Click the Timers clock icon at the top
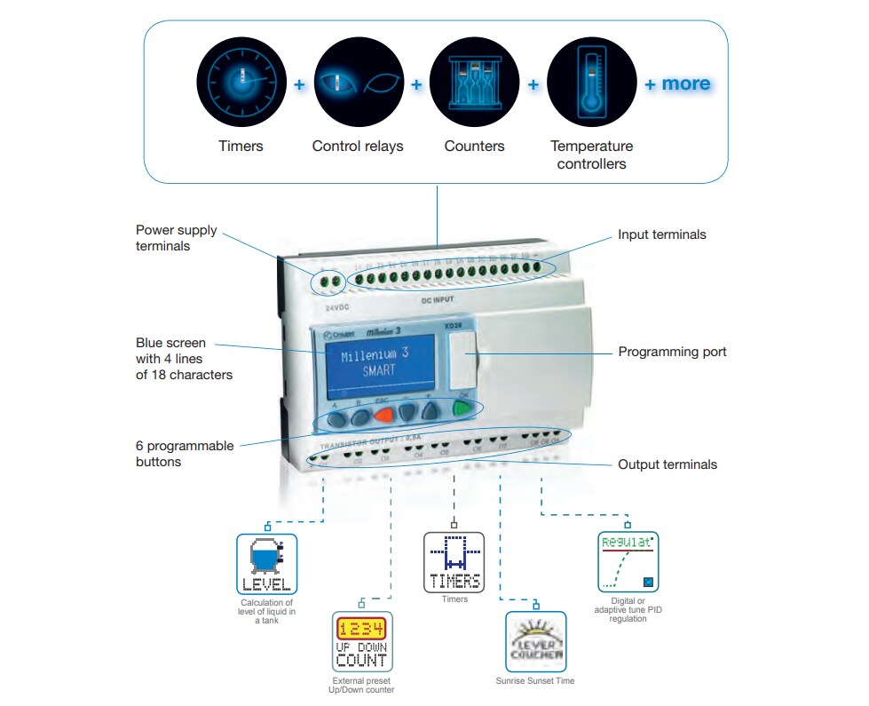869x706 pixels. (x=241, y=83)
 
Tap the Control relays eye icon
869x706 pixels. (x=358, y=83)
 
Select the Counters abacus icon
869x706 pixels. (x=474, y=83)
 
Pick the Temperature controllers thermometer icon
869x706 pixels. (x=591, y=83)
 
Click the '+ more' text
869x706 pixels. (x=677, y=83)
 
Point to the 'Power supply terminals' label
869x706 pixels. (x=176, y=238)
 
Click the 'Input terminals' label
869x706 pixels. (x=662, y=234)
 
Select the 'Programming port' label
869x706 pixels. (x=672, y=352)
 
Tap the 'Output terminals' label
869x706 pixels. (x=668, y=464)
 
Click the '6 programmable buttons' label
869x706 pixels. (x=185, y=454)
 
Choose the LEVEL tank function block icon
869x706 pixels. (x=266, y=564)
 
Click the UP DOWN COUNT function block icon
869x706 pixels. (x=361, y=641)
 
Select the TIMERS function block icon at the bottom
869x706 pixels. (x=454, y=562)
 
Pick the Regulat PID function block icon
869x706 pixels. (x=629, y=562)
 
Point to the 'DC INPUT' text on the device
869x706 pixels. (x=437, y=301)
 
